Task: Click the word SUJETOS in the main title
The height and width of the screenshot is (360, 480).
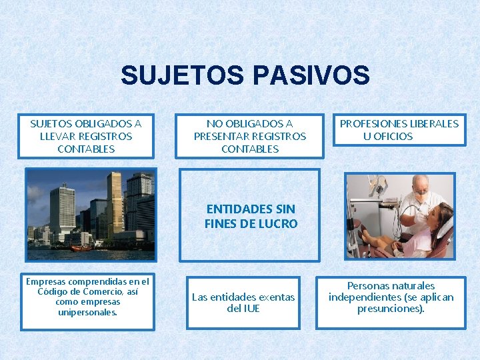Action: coord(181,75)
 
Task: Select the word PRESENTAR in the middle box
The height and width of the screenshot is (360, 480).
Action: coord(223,136)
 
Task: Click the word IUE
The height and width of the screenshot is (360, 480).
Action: coord(251,309)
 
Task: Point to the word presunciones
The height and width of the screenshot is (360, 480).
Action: coord(390,309)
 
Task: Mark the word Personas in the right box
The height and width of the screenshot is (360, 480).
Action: coord(371,286)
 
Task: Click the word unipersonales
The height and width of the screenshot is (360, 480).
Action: coord(87,312)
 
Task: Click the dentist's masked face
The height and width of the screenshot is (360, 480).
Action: coord(420,189)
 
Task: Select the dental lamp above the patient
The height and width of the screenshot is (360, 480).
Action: coord(377,184)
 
